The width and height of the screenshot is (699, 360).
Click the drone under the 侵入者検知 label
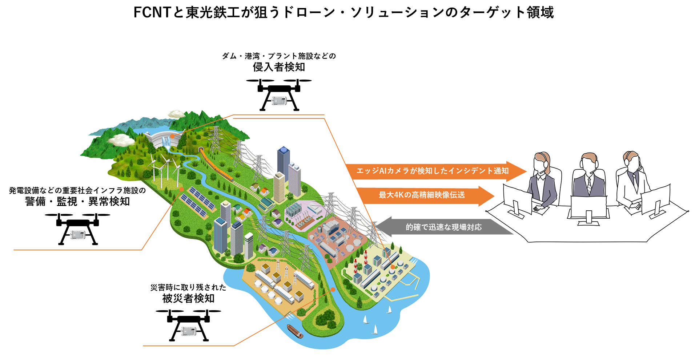click(279, 94)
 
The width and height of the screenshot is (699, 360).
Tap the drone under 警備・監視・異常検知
click(77, 228)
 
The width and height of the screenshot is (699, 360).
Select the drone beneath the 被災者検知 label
click(188, 324)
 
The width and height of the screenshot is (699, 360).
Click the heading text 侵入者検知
click(279, 67)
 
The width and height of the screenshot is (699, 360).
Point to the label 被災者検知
click(188, 299)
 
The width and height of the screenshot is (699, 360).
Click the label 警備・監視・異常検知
click(77, 202)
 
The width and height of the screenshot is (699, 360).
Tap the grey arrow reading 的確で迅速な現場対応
click(443, 227)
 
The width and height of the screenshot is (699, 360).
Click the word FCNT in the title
click(152, 12)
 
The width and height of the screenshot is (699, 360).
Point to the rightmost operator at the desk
click(632, 178)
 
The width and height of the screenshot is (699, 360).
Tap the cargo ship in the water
click(295, 331)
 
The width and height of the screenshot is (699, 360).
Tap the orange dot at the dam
click(172, 136)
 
